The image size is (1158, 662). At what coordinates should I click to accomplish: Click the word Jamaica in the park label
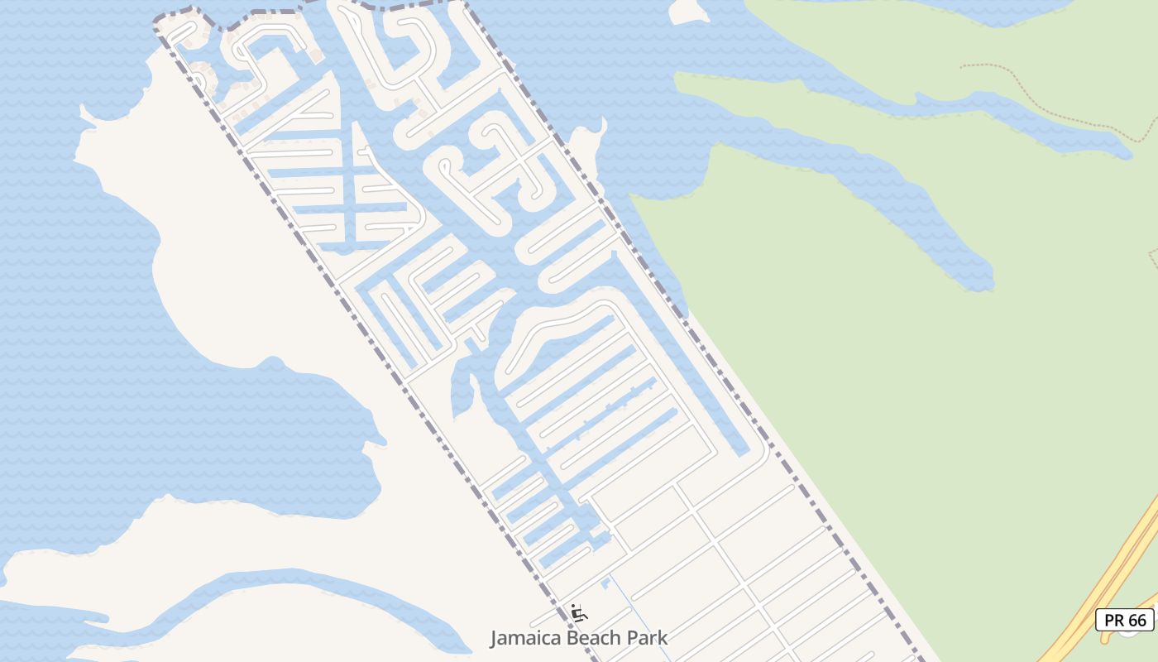click(521, 638)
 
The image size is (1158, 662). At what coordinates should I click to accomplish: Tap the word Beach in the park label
click(592, 638)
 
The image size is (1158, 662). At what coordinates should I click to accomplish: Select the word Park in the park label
click(648, 638)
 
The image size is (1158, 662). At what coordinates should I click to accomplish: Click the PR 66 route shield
click(1125, 620)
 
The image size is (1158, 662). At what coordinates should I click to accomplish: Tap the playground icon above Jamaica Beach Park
click(579, 613)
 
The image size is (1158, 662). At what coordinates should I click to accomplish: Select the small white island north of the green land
click(687, 10)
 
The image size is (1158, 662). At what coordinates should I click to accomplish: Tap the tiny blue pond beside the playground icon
click(605, 585)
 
